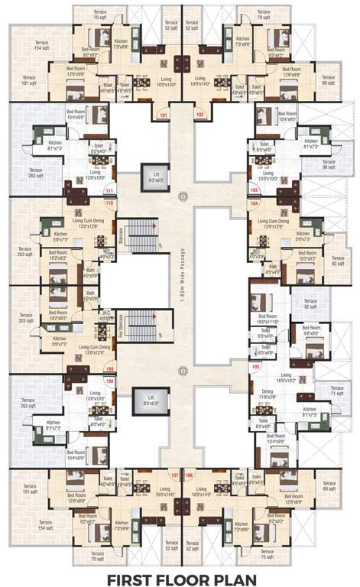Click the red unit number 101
163,115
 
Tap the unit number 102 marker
200,115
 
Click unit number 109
109,368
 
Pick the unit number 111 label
109,191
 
